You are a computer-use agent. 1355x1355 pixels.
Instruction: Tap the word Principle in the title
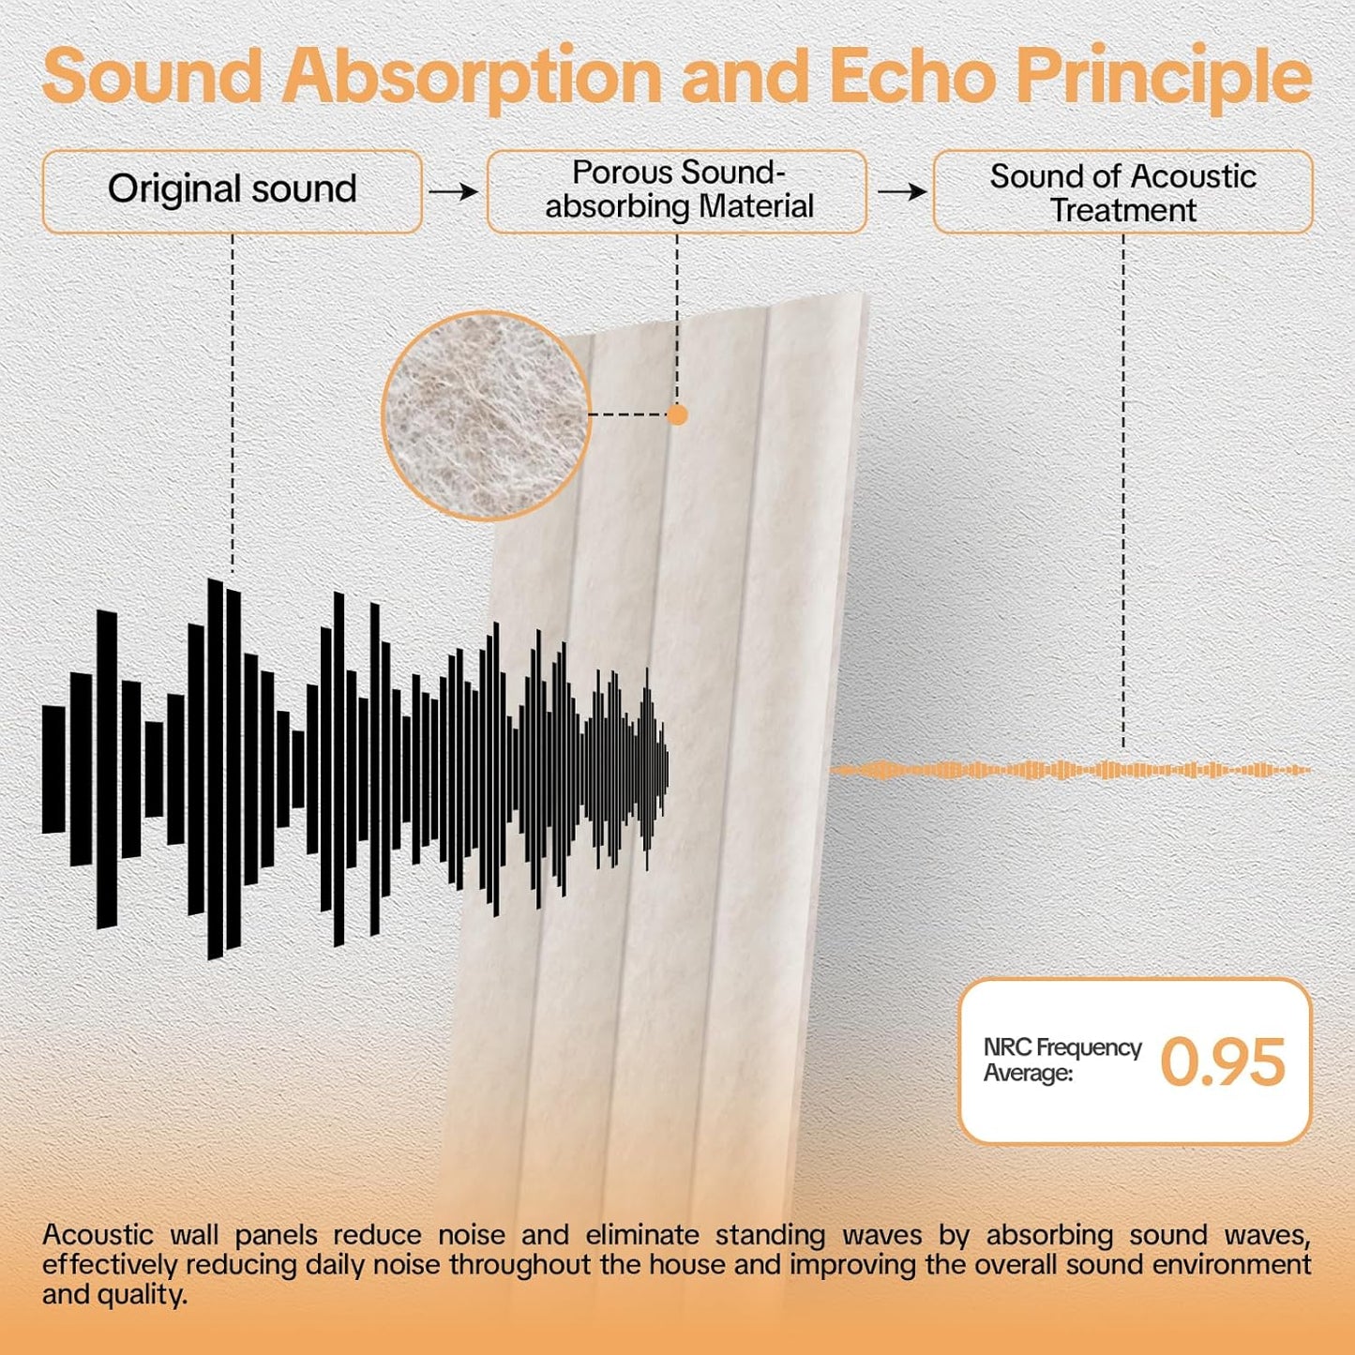(x=1164, y=77)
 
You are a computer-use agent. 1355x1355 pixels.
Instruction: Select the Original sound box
(x=232, y=190)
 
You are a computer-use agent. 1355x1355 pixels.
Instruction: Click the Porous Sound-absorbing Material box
(x=677, y=190)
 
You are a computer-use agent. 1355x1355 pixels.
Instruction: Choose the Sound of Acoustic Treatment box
(x=1122, y=192)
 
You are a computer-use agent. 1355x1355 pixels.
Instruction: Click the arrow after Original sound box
(x=454, y=191)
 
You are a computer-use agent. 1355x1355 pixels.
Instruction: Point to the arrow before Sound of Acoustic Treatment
(x=901, y=191)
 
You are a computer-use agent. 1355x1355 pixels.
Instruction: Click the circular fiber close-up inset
(x=485, y=415)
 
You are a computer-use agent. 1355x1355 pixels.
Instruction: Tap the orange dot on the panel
(x=677, y=414)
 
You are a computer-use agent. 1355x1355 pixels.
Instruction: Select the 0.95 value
(x=1222, y=1062)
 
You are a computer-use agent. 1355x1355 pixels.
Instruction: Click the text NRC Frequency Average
(x=1061, y=1060)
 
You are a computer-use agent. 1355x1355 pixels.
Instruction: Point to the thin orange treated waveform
(x=1069, y=770)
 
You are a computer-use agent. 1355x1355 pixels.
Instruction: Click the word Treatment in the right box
(x=1122, y=210)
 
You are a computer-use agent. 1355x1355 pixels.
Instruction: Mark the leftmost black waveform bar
(x=53, y=769)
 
